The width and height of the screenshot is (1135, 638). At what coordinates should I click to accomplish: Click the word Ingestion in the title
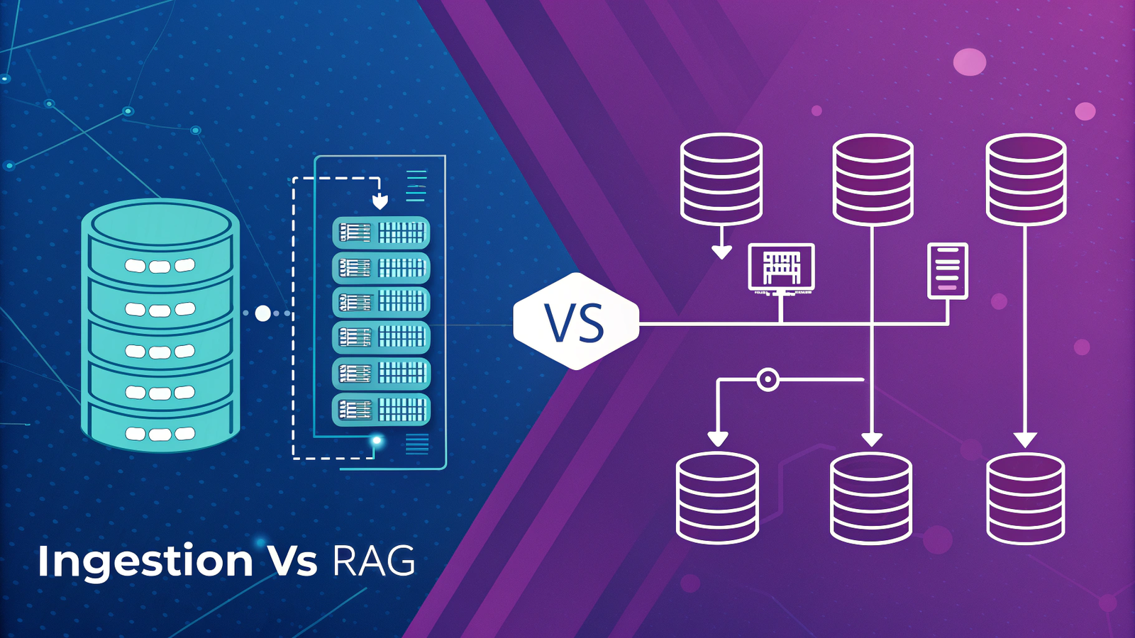click(x=145, y=561)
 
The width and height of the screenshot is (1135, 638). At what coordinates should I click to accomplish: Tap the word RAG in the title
click(x=373, y=561)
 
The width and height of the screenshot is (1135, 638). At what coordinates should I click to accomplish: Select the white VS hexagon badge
click(x=575, y=322)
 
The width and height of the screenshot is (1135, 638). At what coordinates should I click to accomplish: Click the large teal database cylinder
click(x=160, y=325)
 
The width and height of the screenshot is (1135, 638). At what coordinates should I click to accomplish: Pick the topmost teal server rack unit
click(x=381, y=232)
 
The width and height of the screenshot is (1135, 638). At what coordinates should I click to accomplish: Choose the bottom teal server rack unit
click(x=381, y=410)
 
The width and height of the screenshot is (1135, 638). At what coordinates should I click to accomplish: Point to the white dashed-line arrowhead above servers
click(x=380, y=203)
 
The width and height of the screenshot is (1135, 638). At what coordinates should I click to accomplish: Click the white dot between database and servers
click(x=263, y=313)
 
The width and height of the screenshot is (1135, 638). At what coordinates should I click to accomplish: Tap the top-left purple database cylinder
click(x=721, y=178)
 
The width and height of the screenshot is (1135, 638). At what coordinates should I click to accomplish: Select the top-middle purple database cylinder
click(x=872, y=179)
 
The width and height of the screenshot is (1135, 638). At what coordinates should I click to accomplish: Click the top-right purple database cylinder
click(x=1025, y=179)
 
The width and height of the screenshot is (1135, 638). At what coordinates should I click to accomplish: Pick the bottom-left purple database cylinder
click(x=717, y=497)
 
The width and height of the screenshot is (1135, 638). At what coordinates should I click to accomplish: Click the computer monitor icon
click(x=781, y=268)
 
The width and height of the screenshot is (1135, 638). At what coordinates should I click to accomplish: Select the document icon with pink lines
click(x=948, y=270)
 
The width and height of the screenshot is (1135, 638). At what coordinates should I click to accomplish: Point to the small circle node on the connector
click(x=768, y=379)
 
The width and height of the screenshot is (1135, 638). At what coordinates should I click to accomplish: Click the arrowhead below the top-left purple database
click(x=721, y=252)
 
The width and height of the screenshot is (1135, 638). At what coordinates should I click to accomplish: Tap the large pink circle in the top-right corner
click(x=969, y=62)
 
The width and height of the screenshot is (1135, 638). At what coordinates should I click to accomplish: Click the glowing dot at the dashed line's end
click(x=377, y=441)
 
